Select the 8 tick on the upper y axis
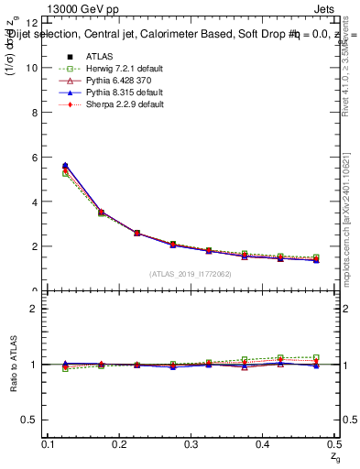coord(34,113)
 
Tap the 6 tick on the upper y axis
coord(34,158)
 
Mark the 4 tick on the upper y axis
coord(34,202)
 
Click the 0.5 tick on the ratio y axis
coord(29,420)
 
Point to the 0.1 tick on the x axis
coord(49,444)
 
